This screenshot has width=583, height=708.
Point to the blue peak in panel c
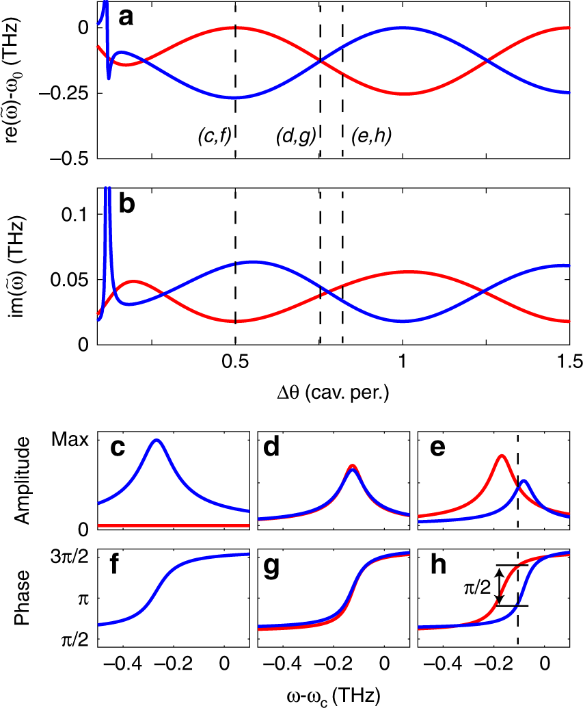[x=157, y=441]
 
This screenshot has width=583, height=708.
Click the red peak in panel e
[x=502, y=456]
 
